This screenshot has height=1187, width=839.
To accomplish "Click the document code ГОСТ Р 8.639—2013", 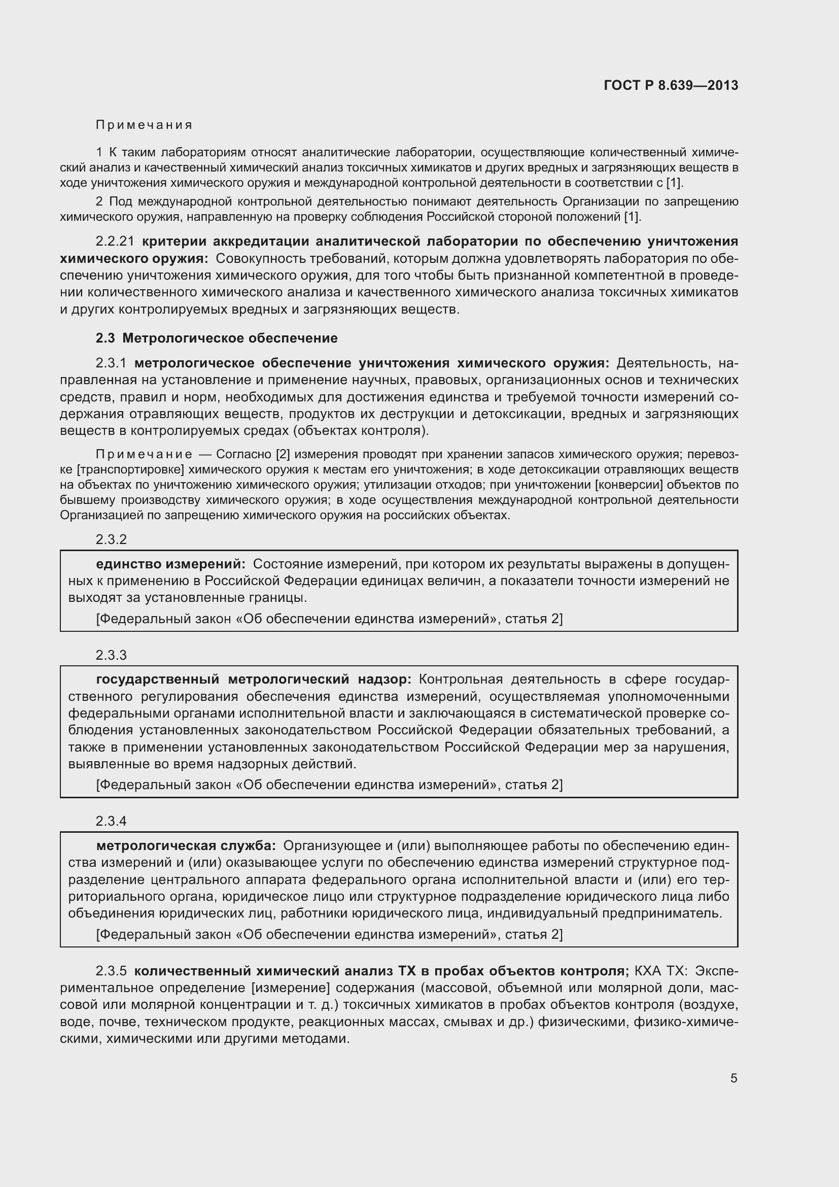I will click(671, 85).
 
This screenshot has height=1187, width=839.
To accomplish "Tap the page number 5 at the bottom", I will click(733, 1078).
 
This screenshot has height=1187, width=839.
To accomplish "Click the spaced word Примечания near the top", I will click(144, 125).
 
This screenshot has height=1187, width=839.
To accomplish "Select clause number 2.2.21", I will click(115, 242).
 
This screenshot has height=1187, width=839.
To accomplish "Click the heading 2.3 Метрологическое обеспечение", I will click(217, 338).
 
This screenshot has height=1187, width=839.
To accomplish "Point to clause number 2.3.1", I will click(111, 363).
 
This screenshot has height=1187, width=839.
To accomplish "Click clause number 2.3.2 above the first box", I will click(111, 539).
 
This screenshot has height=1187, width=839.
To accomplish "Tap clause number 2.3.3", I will click(111, 655).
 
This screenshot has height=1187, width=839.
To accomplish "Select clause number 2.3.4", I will click(111, 822).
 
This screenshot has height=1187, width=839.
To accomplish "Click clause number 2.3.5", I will click(111, 971).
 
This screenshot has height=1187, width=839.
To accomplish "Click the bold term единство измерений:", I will click(170, 564).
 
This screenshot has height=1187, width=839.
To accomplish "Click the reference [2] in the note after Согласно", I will click(283, 454).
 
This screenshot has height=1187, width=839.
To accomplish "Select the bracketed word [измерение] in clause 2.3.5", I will click(290, 988).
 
